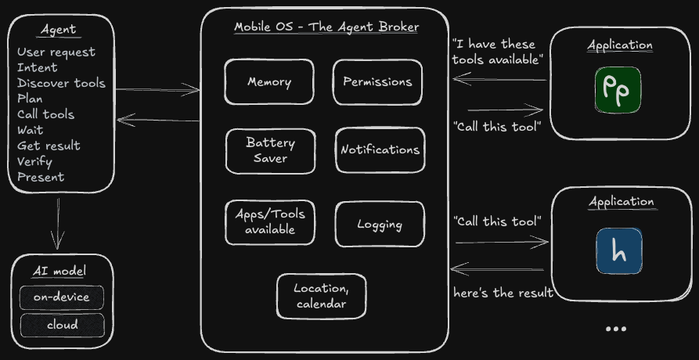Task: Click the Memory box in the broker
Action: (x=269, y=82)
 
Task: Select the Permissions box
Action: (x=377, y=82)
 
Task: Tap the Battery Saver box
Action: (x=270, y=150)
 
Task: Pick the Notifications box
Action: (x=380, y=150)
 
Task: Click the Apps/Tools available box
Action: (x=270, y=221)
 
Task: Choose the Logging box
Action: (x=380, y=225)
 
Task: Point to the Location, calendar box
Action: (x=321, y=296)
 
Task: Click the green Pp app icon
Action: (x=618, y=90)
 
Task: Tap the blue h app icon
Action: (x=618, y=250)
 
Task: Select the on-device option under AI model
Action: (x=62, y=297)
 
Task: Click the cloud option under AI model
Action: (x=62, y=325)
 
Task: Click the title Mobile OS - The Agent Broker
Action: (x=326, y=27)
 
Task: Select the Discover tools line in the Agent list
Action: (x=61, y=83)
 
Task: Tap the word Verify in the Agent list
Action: (x=34, y=161)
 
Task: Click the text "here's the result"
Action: (x=503, y=293)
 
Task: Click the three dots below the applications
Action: (x=616, y=329)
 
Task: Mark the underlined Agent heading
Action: (x=59, y=30)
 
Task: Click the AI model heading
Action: (x=59, y=272)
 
